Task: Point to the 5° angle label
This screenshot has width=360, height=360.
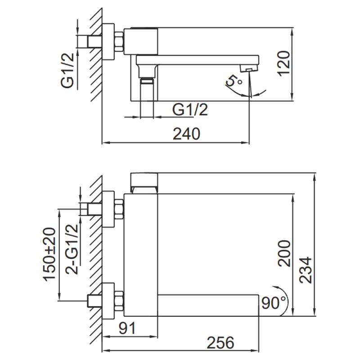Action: [x=234, y=81]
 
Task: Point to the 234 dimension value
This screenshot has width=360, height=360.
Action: [x=306, y=270]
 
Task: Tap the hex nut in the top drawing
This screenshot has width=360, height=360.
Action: [x=119, y=41]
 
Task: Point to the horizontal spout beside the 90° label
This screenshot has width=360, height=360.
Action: [x=209, y=305]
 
